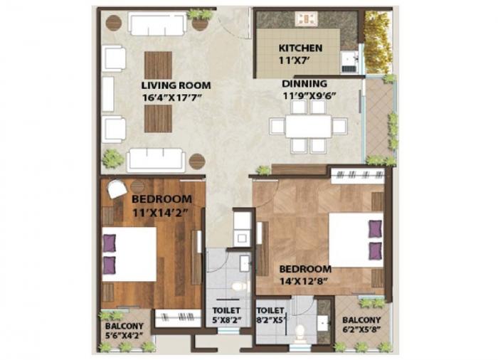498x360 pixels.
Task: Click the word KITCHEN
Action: tap(300, 48)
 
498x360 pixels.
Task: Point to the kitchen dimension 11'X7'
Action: tap(300, 60)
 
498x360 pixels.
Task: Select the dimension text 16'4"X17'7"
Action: tap(176, 97)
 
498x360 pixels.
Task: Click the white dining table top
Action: tap(309, 127)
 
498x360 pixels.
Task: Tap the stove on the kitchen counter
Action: tap(307, 19)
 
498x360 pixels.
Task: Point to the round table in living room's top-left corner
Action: tap(113, 22)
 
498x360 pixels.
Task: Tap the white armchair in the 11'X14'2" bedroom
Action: tap(117, 190)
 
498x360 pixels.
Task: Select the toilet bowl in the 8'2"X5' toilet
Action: tap(300, 332)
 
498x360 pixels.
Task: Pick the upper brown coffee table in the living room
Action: tap(158, 66)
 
